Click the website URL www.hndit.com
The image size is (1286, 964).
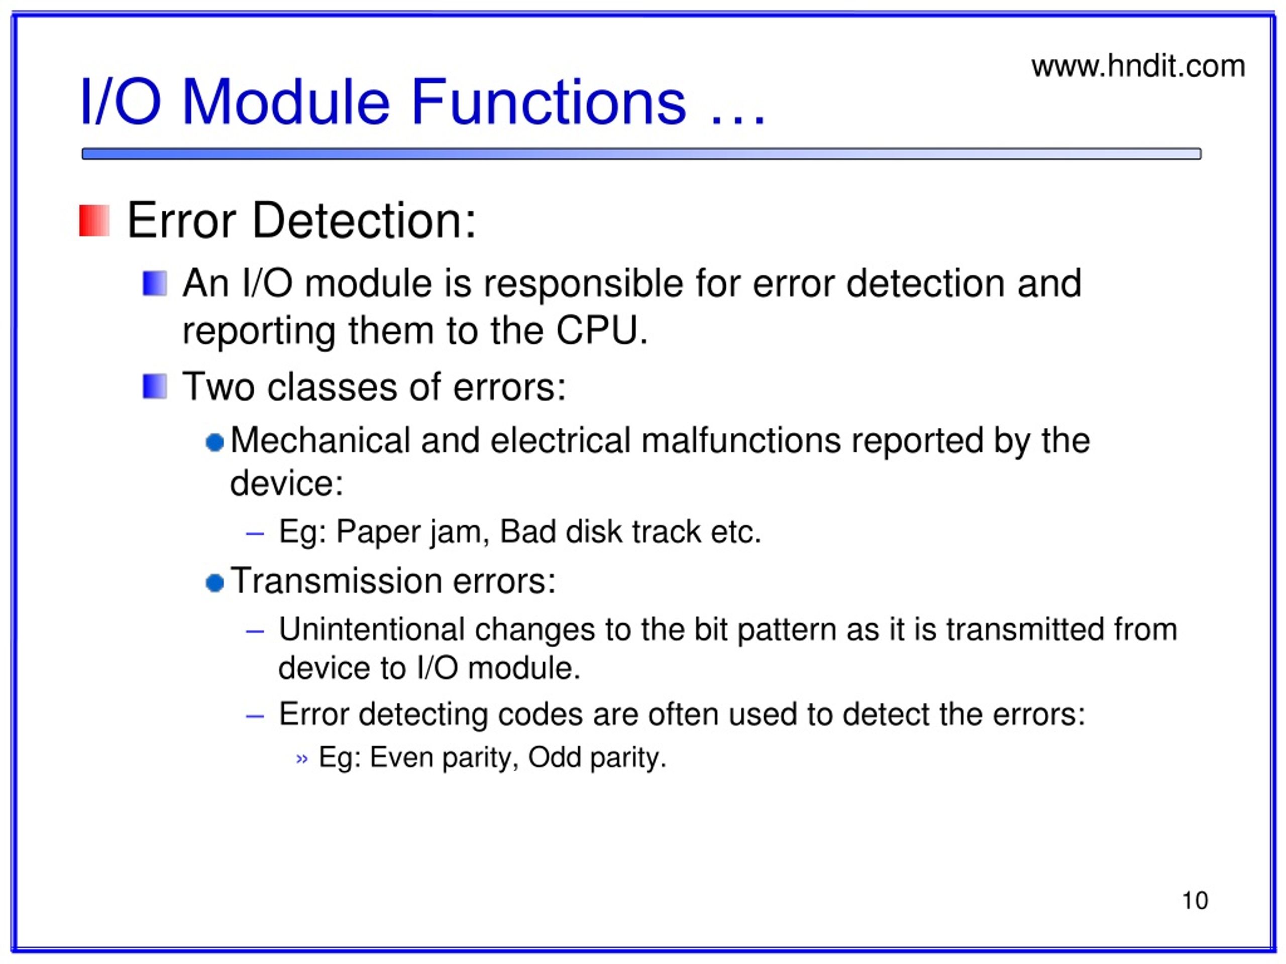point(1138,66)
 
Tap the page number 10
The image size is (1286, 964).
point(1195,900)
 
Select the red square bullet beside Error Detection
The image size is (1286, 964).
point(94,220)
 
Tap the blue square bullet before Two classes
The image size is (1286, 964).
point(155,387)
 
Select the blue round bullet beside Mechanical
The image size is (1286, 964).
point(215,442)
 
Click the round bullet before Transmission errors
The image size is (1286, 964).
point(215,582)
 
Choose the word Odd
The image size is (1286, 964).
point(554,757)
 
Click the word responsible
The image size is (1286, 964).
point(583,285)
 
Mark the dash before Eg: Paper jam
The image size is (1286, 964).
point(255,533)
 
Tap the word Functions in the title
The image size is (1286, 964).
point(549,102)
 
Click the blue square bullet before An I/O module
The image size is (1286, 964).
point(155,284)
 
